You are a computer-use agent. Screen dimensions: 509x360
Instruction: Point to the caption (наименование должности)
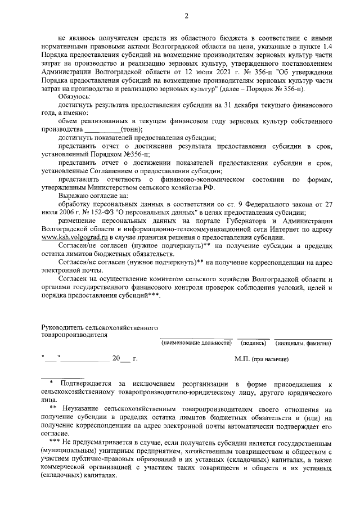[196, 343]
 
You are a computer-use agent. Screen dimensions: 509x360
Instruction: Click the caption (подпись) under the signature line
[254, 343]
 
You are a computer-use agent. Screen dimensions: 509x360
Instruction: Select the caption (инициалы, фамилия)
[303, 343]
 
